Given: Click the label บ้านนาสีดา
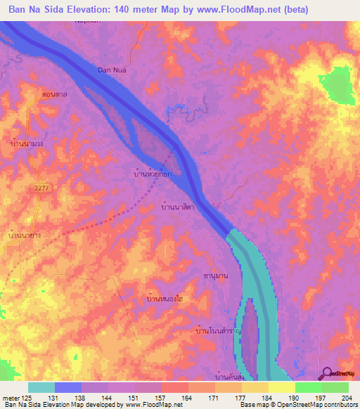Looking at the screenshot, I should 178,208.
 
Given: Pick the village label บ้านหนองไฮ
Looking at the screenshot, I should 165,299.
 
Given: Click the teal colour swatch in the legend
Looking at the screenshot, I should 41,387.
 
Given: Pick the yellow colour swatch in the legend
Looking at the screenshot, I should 281,387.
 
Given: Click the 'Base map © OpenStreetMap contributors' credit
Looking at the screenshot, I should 296,405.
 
